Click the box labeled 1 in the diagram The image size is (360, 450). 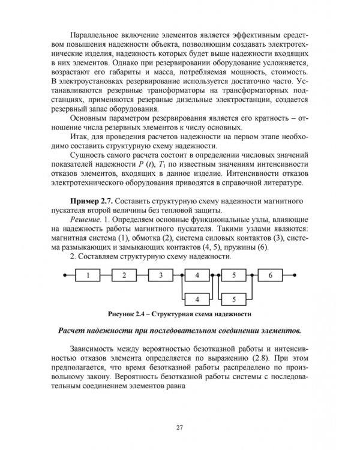point(88,276)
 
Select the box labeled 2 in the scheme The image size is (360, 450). point(123,276)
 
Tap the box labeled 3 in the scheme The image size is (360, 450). point(160,276)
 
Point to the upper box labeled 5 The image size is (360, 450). point(235,276)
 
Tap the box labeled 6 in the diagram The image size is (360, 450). point(272,276)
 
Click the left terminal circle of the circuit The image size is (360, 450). point(64,276)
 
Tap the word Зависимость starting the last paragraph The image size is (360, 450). point(96,348)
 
